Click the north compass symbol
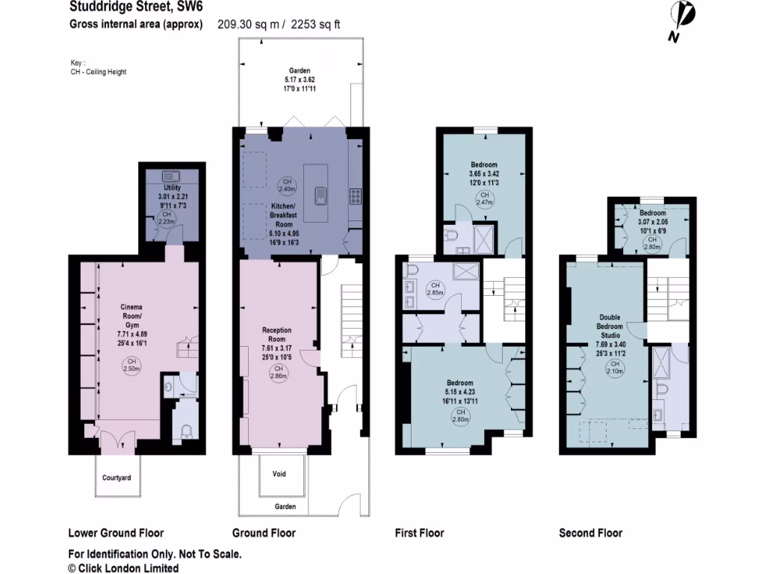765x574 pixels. pyautogui.click(x=682, y=18)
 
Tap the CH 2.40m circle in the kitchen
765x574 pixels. pyautogui.click(x=287, y=185)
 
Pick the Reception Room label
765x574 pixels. pyautogui.click(x=276, y=335)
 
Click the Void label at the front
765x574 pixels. pyautogui.click(x=279, y=474)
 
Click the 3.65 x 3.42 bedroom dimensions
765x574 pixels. pyautogui.click(x=484, y=174)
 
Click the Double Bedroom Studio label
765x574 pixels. pyautogui.click(x=609, y=327)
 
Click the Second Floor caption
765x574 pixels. pyautogui.click(x=590, y=533)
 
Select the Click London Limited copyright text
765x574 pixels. pyautogui.click(x=123, y=568)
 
